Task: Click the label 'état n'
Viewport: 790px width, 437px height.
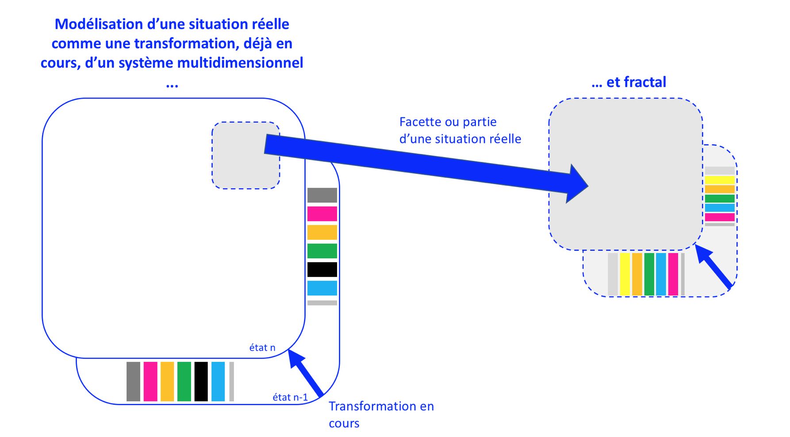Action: (x=262, y=348)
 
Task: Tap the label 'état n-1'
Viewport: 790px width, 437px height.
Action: (x=290, y=397)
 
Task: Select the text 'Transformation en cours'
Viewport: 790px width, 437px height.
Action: (x=381, y=414)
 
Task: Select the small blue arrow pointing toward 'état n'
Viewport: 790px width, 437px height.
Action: (x=305, y=372)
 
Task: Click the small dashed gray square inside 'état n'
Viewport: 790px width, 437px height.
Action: (x=246, y=155)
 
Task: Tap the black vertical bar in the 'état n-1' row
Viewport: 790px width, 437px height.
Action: (x=201, y=381)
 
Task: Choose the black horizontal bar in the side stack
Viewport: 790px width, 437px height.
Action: (x=322, y=269)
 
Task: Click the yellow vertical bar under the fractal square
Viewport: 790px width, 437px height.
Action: (x=625, y=274)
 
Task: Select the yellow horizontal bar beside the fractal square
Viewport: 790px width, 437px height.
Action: (x=720, y=180)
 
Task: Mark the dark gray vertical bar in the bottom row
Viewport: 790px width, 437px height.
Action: (x=133, y=381)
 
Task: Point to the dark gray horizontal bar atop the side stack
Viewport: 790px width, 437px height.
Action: (x=322, y=195)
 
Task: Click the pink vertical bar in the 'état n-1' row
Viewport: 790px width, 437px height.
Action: (x=150, y=381)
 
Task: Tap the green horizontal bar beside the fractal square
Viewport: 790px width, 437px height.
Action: (x=720, y=199)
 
